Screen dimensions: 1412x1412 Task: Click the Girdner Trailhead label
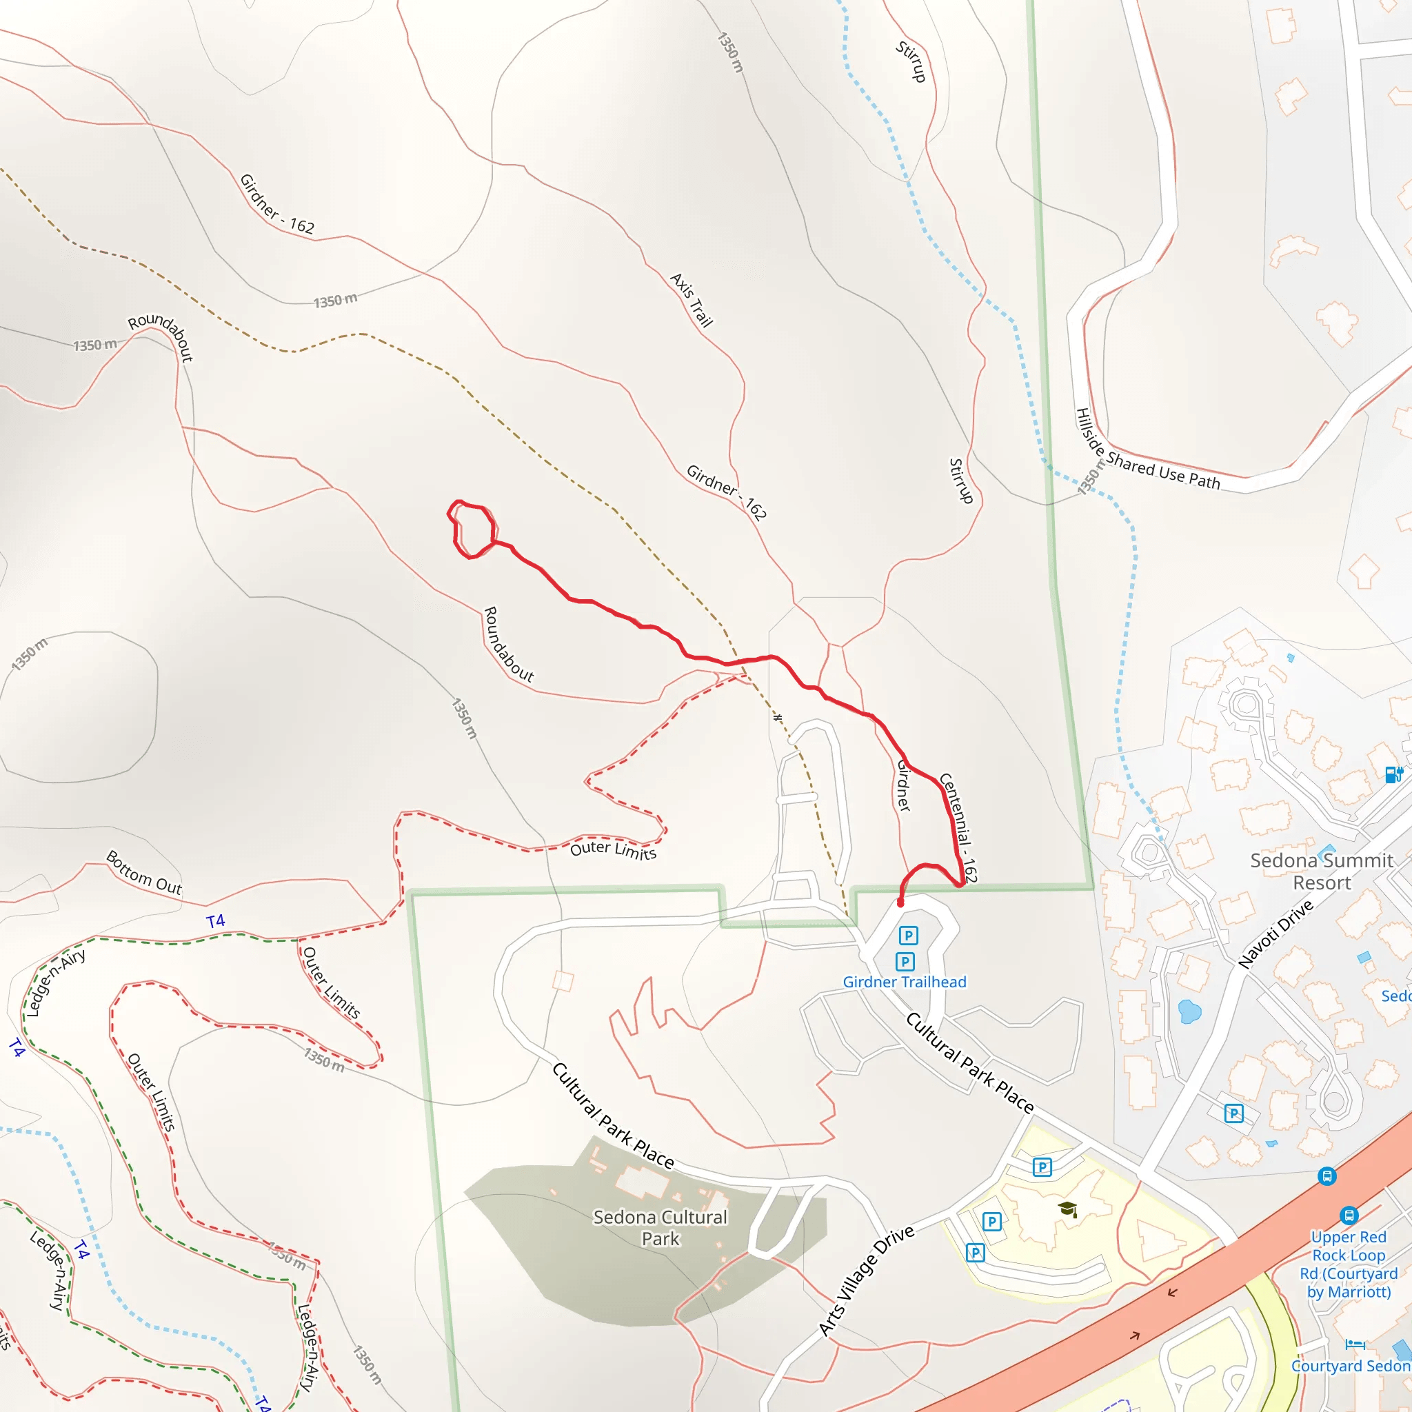(904, 982)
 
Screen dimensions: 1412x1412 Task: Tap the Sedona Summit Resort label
(1322, 871)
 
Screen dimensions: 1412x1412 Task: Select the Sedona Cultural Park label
(660, 1227)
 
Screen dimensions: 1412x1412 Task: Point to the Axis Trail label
(691, 300)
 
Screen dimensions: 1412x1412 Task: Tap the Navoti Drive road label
(1275, 934)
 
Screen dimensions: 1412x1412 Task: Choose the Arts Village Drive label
(866, 1280)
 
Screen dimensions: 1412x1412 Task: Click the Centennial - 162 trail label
(958, 827)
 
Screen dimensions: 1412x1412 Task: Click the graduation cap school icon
(1068, 1209)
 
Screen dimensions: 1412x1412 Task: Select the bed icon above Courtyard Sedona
(1354, 1343)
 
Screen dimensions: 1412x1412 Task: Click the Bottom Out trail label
(144, 872)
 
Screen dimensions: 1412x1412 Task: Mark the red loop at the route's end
(472, 529)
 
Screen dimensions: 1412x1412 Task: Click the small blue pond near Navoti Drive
(1190, 1011)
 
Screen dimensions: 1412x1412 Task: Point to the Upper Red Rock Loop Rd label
(1349, 1264)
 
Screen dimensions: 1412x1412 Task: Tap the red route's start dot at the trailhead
(900, 903)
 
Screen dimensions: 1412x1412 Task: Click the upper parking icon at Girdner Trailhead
(908, 936)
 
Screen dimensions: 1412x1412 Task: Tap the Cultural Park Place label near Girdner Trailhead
(969, 1063)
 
